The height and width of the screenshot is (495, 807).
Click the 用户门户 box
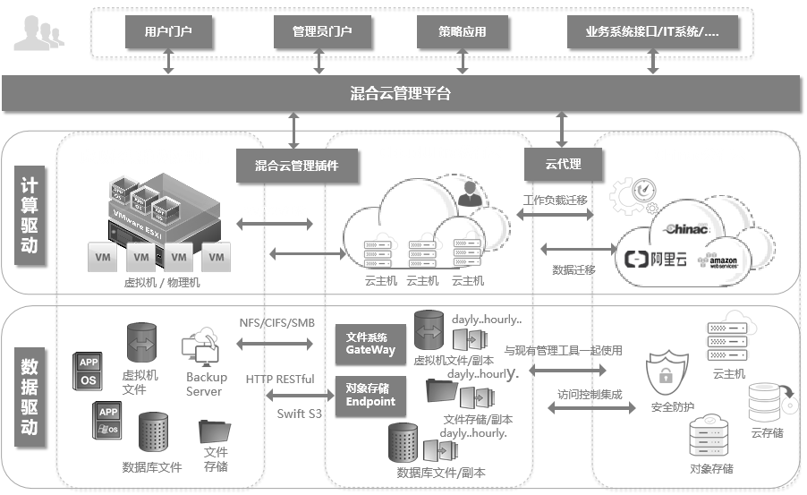(x=168, y=32)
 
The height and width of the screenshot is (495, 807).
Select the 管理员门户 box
(x=321, y=32)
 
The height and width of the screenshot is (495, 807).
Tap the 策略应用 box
(x=463, y=32)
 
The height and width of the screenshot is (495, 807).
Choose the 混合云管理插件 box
(x=295, y=165)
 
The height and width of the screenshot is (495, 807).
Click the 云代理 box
(x=563, y=165)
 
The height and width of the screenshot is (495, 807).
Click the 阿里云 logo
(x=657, y=260)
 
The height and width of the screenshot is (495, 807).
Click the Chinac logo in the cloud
(x=687, y=229)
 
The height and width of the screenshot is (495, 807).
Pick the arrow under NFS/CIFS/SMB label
(x=276, y=344)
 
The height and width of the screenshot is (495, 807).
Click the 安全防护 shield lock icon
(x=665, y=376)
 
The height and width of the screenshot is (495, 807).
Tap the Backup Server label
(x=206, y=384)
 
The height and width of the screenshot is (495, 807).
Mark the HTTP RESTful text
(x=280, y=379)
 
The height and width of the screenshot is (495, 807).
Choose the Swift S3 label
(x=297, y=413)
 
